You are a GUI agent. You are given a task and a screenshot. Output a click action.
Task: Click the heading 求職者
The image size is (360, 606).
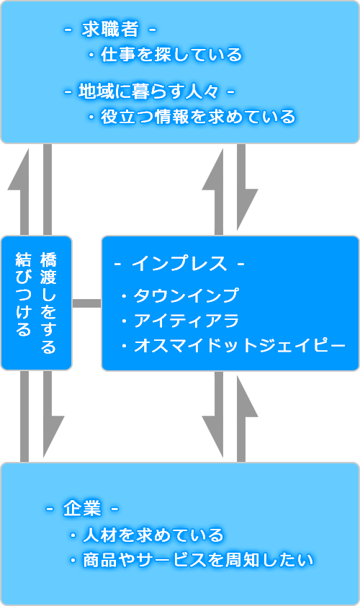[x=110, y=30]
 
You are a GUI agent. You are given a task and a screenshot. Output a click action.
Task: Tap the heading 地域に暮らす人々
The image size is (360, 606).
[x=149, y=92]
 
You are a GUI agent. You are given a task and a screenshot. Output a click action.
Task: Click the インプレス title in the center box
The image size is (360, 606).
[x=179, y=264]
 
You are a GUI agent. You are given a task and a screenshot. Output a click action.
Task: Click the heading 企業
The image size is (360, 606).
[x=82, y=508]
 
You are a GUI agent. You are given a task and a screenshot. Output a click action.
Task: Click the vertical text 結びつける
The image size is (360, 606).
[x=23, y=294]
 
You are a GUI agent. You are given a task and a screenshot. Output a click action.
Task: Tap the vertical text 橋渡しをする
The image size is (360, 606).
[x=48, y=303]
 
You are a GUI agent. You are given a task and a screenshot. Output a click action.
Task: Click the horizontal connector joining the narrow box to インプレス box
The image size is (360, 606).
[x=87, y=303]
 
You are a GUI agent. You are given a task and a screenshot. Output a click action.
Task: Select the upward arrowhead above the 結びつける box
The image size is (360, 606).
[x=19, y=170]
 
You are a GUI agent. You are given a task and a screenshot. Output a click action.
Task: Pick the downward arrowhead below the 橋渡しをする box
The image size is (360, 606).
[x=53, y=437]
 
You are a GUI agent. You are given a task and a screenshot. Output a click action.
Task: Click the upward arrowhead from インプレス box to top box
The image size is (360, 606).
[x=213, y=170]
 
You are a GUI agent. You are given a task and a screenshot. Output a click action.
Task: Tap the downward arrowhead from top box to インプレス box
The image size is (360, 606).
[x=247, y=210]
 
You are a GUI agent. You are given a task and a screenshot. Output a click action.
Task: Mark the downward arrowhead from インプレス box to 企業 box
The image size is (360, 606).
[x=213, y=437]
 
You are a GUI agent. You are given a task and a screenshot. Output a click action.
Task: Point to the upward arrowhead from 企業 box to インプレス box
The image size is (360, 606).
[x=247, y=396]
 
